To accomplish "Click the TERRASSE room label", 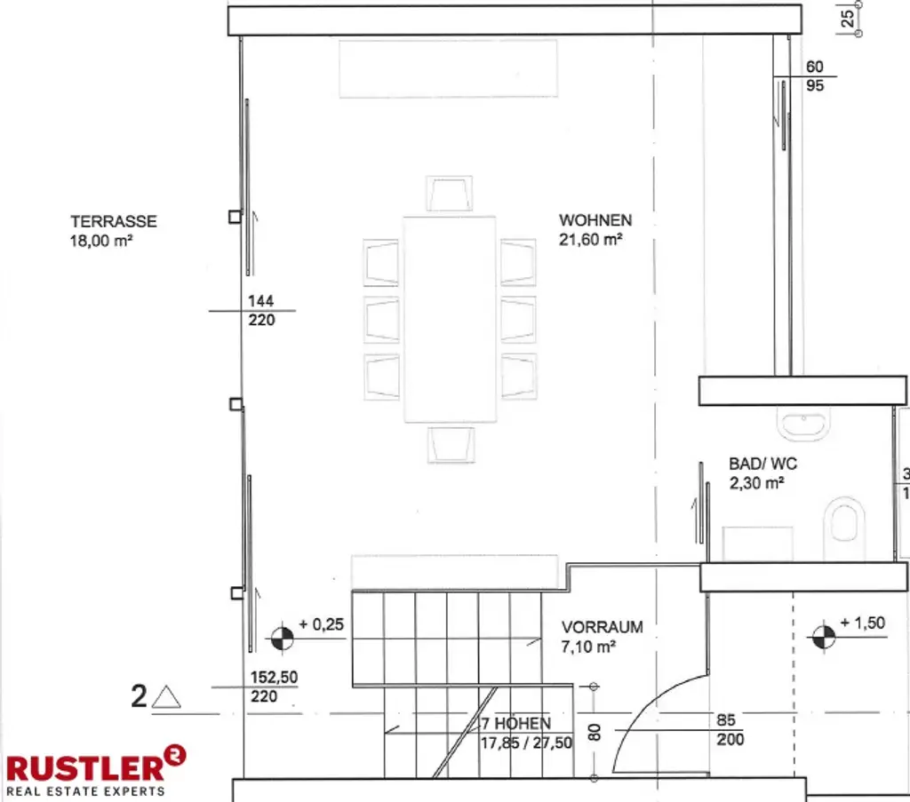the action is coord(114,221).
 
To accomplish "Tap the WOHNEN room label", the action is coord(595,220).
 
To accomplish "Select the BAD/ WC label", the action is coord(762,464).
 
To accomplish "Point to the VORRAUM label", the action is coord(602,627).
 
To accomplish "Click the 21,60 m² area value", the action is coord(590,240).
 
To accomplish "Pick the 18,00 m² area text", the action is coord(101,241).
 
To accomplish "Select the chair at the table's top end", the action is coord(449,194).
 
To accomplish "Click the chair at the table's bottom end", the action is coord(451,445).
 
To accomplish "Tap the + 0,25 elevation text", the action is coord(321,624).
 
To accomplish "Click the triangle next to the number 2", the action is coord(166,697).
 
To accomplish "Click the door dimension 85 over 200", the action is coord(728,729).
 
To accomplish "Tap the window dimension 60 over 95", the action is coord(815,76).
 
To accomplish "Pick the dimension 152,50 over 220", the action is coord(274,687).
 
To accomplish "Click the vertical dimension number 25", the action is coord(847,19).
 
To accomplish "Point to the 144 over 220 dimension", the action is coord(261,310).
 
